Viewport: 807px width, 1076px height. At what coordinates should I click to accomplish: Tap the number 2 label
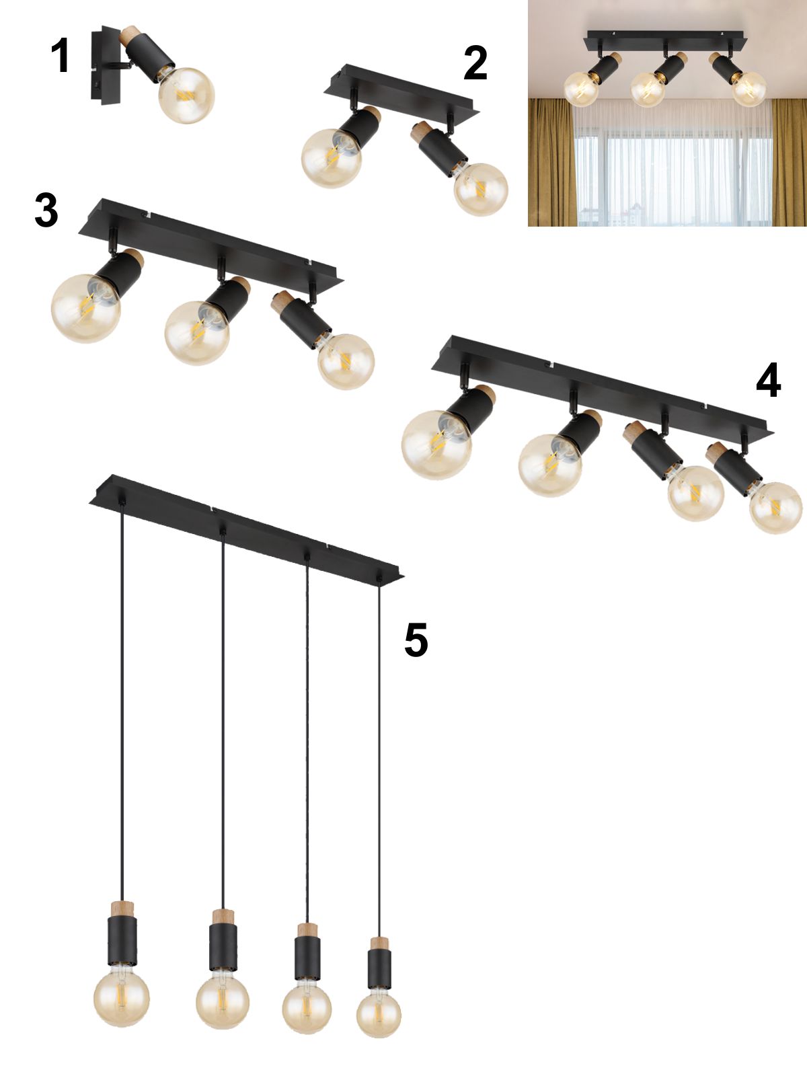coord(475,63)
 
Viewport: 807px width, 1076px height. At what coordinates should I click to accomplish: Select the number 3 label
coord(46,210)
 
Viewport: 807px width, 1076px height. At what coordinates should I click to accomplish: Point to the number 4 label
coord(768,380)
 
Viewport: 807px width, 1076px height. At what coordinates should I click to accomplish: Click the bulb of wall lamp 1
coord(187,95)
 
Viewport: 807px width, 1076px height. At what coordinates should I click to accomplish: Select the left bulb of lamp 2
coord(332,158)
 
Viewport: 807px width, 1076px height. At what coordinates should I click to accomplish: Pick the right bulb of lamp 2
coord(481,190)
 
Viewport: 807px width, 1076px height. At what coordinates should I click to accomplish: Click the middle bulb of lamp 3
coord(196,333)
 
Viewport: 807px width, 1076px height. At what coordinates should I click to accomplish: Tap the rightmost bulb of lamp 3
coord(346,362)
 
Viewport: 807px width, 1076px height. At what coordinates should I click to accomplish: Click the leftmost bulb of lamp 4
coord(436,445)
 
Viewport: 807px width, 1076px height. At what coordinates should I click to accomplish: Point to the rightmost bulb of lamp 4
coord(775,507)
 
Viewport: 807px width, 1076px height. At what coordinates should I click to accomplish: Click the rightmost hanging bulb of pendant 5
coord(379,1014)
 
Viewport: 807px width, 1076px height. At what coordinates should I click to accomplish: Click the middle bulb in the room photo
coord(648,89)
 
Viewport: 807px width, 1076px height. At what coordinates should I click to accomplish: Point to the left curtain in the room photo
coord(551,162)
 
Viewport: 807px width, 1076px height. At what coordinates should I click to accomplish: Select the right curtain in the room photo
coord(790,162)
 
